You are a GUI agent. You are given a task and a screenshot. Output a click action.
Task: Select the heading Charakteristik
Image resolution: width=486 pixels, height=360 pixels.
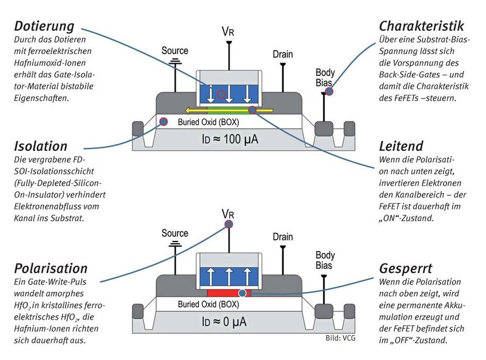[421, 26]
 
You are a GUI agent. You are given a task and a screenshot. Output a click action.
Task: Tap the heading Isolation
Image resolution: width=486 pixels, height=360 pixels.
[40, 146]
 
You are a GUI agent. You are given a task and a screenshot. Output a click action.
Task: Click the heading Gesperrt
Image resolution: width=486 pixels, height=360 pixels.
[406, 268]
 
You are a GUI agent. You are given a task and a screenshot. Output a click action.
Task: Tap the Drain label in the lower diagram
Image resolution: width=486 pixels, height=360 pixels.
[282, 236]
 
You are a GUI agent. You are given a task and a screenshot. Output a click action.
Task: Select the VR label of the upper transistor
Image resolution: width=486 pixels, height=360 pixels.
[228, 31]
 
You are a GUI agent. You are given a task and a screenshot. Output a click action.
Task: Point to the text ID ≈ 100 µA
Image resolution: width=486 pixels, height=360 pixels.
[230, 139]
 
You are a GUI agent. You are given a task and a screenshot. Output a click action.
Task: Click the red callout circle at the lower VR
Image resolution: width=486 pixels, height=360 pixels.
[228, 224]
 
